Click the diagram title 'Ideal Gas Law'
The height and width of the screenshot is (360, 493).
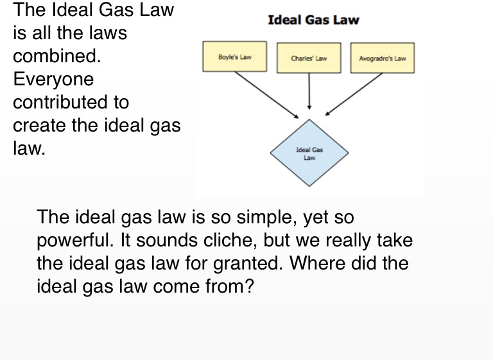313,20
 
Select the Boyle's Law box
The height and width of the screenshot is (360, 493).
234,57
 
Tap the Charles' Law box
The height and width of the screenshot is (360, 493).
309,58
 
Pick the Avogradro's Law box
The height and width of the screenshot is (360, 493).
382,58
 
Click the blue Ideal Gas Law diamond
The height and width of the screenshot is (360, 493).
309,153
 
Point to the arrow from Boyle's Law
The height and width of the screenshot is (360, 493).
266,94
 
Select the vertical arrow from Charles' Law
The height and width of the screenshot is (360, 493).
309,90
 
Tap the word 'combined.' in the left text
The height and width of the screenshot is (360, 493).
57,56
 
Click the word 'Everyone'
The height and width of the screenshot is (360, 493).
53,80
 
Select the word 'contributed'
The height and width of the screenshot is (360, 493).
71,103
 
